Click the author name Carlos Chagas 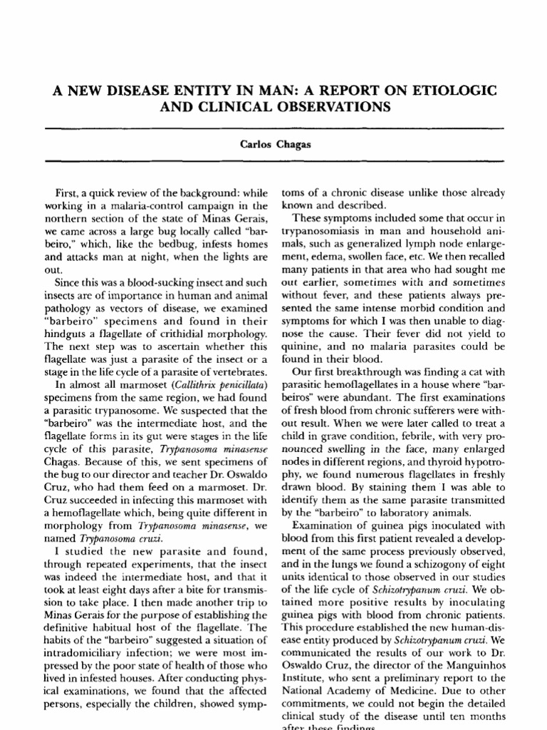274,145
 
